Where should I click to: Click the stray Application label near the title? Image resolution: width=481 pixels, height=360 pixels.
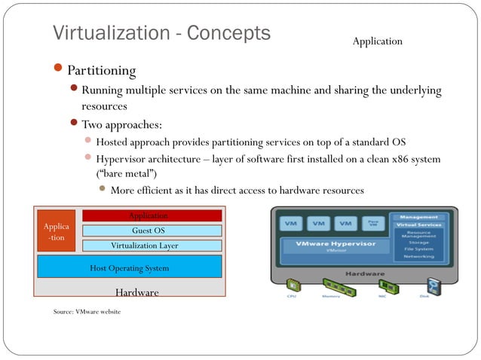[377, 41]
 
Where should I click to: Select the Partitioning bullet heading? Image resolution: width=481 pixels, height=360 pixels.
[101, 71]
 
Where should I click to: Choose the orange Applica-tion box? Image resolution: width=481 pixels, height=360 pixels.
[56, 231]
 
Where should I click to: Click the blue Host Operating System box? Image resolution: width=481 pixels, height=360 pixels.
[130, 267]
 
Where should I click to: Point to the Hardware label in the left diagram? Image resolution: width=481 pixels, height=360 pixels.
[136, 292]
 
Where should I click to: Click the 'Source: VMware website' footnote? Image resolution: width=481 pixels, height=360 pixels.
[76, 311]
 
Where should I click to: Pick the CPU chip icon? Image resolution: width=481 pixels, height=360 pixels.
[292, 286]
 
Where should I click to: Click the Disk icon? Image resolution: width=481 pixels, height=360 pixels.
[434, 286]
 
